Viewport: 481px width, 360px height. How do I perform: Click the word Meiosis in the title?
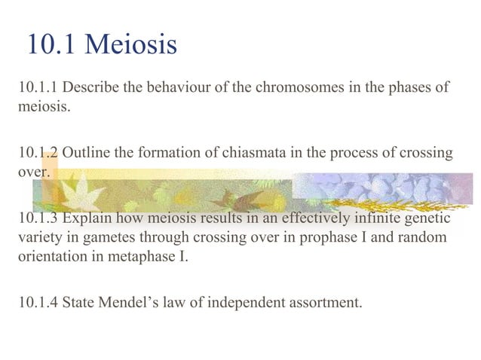131,44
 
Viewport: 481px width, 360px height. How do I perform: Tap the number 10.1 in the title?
52,44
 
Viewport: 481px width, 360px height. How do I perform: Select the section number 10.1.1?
38,87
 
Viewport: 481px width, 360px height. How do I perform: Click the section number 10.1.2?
38,153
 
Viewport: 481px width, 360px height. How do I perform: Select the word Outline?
86,153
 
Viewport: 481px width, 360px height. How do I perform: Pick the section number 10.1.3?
38,219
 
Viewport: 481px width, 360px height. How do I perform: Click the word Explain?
87,219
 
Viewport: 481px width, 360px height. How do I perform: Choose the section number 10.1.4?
38,304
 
